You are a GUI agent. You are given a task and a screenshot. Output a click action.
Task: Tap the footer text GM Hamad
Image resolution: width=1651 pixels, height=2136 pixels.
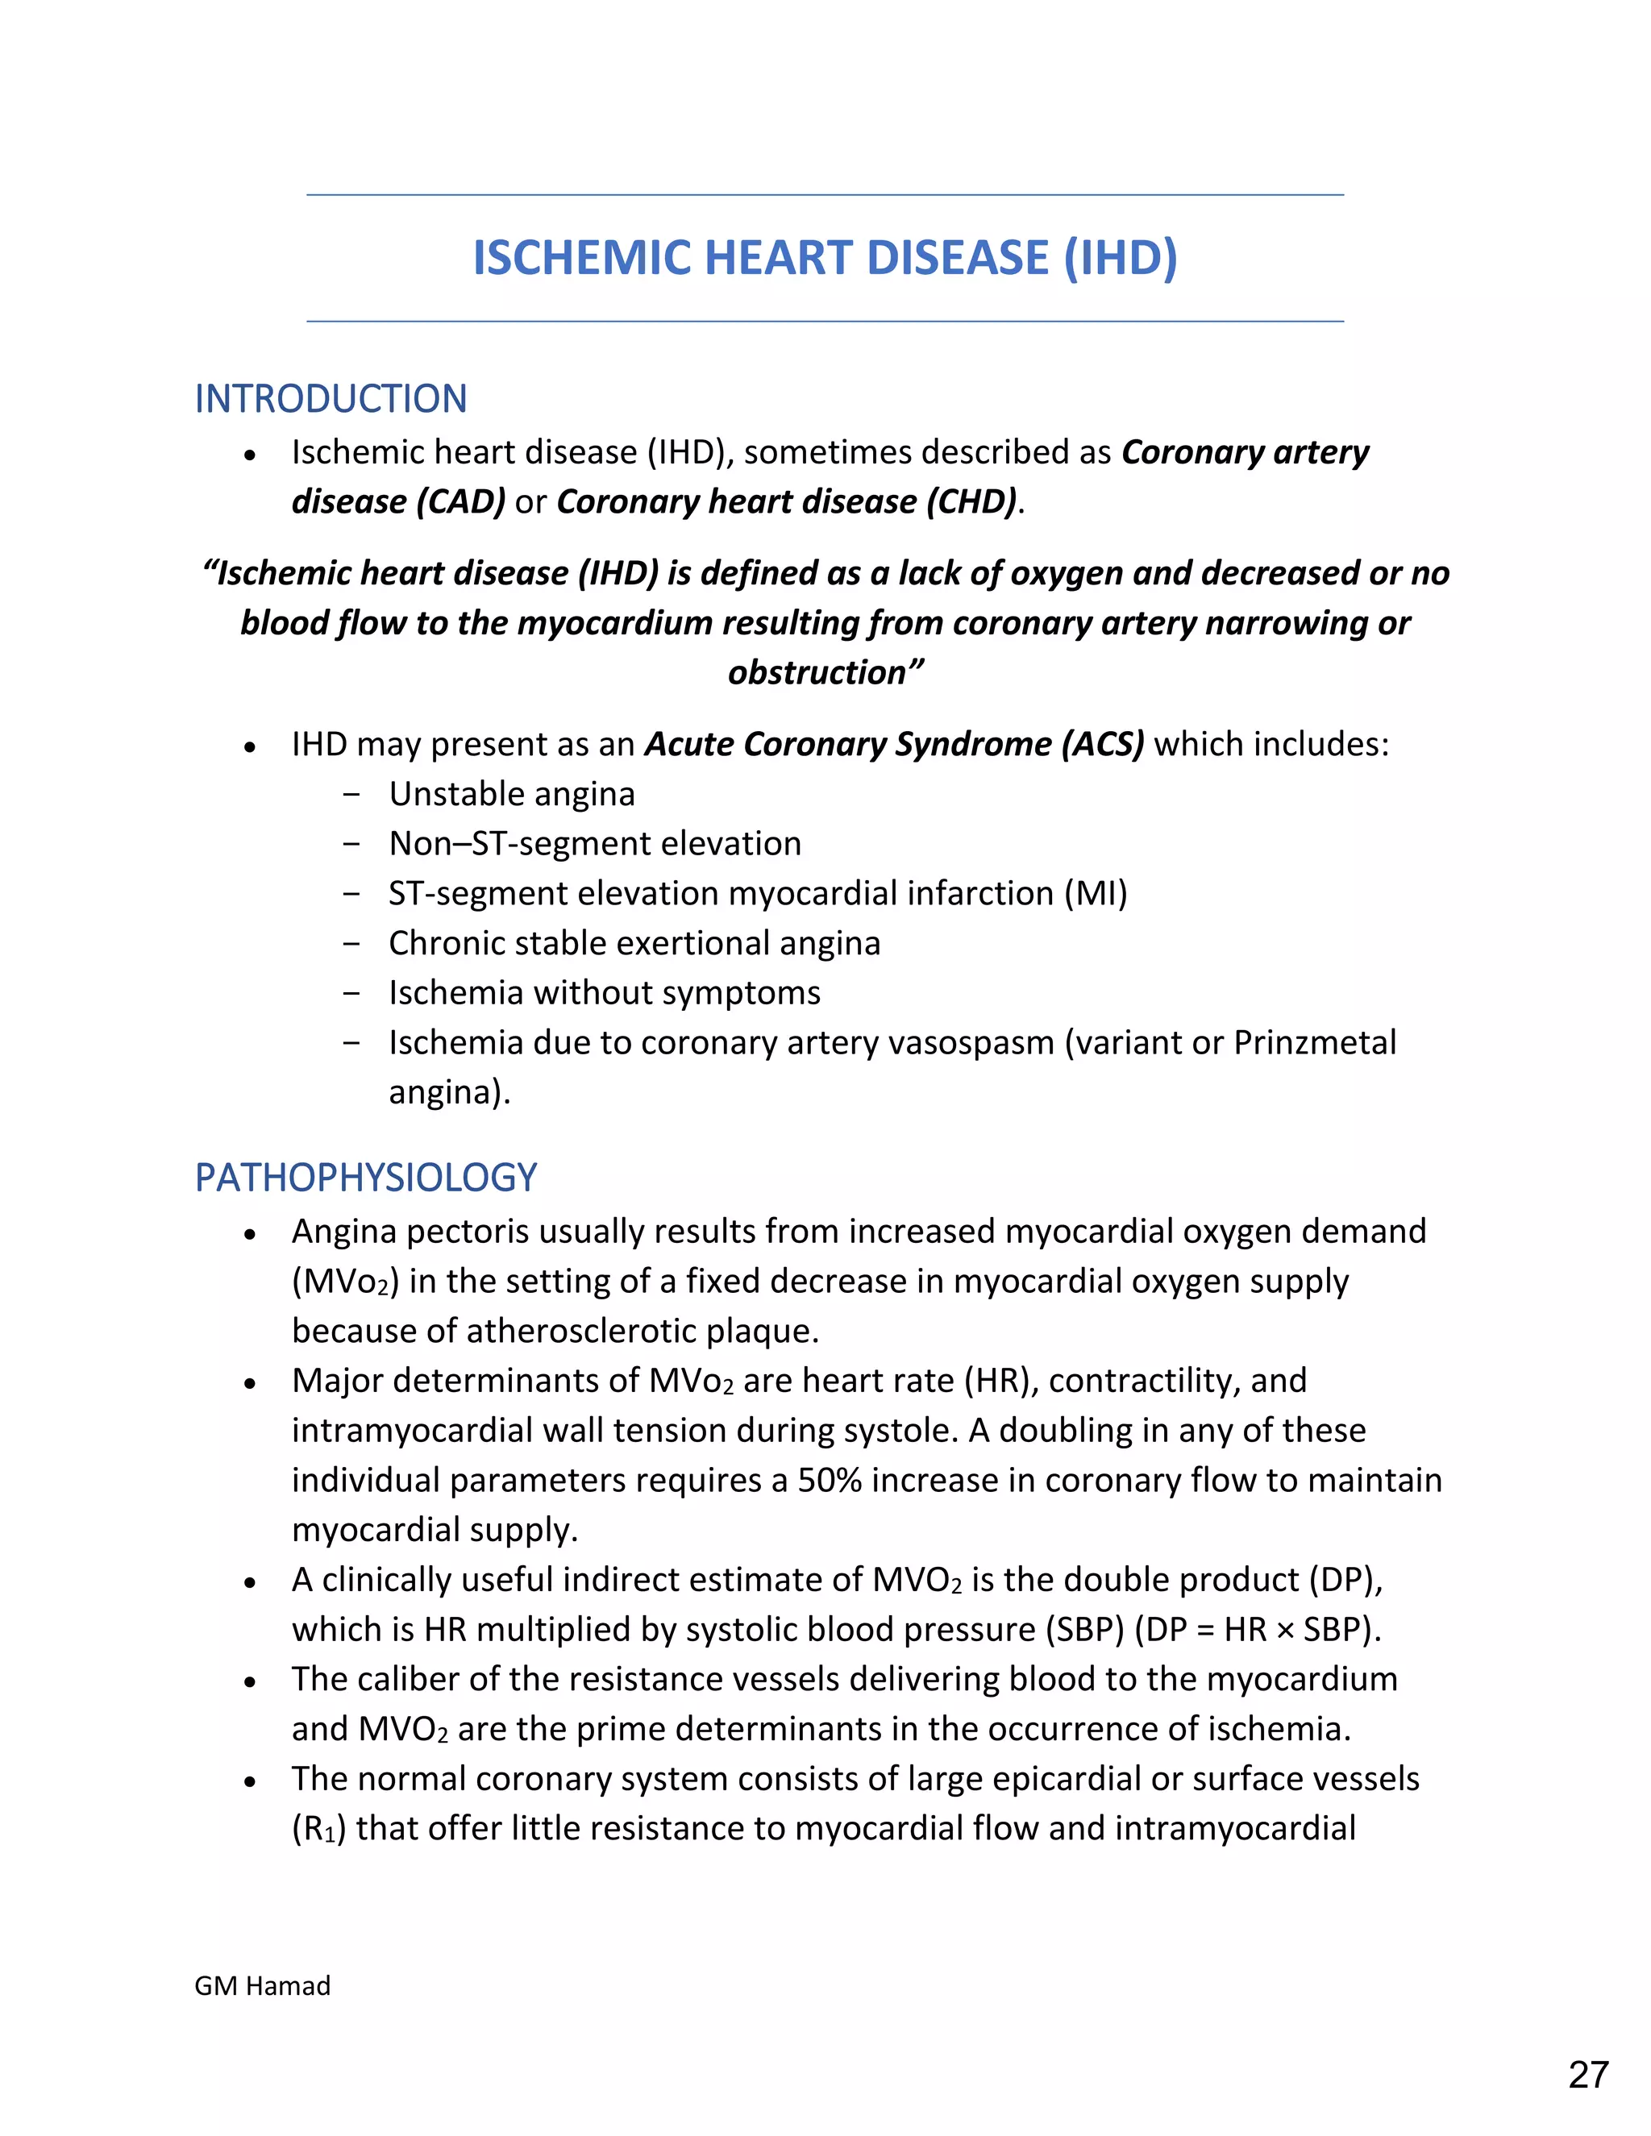point(262,1985)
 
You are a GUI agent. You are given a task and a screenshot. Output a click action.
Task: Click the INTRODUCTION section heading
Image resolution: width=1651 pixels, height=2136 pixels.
point(331,399)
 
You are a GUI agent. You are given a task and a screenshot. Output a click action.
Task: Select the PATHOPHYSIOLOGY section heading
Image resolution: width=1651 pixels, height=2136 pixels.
point(366,1178)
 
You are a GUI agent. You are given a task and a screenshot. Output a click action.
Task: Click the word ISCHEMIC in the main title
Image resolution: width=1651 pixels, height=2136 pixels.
point(583,258)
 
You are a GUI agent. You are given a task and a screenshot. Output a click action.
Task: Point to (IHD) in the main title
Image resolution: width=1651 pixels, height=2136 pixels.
point(1120,258)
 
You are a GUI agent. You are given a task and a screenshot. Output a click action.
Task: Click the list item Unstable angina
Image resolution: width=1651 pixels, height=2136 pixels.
point(512,794)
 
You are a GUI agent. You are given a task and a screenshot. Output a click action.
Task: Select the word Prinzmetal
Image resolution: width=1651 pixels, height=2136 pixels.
point(1315,1042)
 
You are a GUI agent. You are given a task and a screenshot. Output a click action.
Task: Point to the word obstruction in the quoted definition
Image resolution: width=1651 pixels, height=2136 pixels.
point(817,673)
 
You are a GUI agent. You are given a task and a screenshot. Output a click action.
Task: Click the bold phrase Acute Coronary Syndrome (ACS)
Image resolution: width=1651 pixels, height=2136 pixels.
point(894,744)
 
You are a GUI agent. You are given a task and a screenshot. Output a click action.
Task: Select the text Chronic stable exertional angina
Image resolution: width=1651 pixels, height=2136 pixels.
point(634,943)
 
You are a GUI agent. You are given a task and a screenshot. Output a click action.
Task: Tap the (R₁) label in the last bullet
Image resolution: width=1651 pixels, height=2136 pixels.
point(319,1829)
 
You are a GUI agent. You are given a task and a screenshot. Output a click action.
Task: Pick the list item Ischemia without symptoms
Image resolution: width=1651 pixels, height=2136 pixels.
point(605,993)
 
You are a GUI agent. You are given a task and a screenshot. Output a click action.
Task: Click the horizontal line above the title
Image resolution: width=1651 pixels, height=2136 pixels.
point(825,194)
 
